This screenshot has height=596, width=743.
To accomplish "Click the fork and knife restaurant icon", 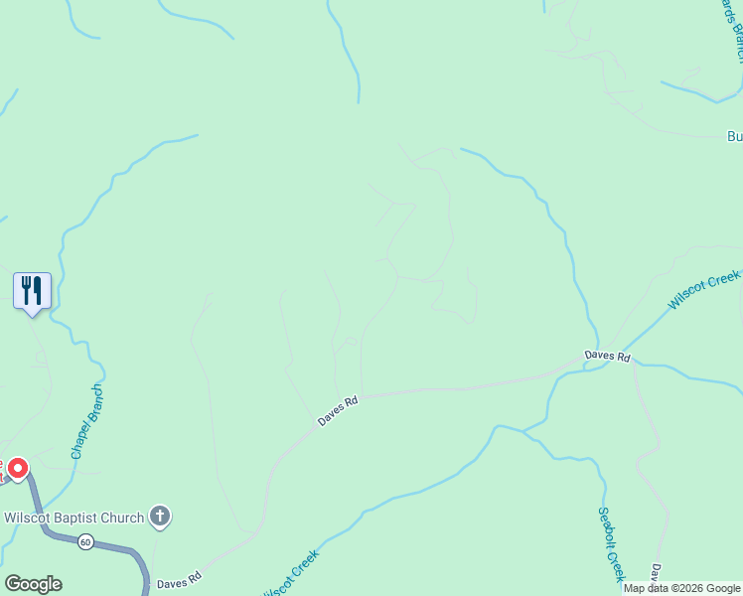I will [x=32, y=290].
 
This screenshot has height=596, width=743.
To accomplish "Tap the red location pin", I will [x=17, y=468].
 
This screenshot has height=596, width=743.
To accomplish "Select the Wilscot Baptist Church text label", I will [x=74, y=517].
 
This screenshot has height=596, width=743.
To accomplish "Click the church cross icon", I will [x=160, y=517].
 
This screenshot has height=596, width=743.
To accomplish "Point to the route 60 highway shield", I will [x=86, y=541].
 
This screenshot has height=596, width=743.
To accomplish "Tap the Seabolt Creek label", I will [x=610, y=545].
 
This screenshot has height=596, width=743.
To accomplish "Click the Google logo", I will [x=33, y=584].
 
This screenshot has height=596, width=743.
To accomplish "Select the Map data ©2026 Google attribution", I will [x=681, y=588].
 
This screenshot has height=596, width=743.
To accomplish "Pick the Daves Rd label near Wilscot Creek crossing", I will [x=607, y=356].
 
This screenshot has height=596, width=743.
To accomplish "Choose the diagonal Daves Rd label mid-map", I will [x=338, y=411].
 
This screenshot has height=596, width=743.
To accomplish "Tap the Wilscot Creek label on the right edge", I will [x=704, y=288].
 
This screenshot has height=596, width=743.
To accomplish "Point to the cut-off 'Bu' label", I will [x=734, y=136].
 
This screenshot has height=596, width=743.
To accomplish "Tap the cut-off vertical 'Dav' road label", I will [x=657, y=577].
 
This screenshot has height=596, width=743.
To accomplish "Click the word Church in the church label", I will [x=121, y=517].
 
